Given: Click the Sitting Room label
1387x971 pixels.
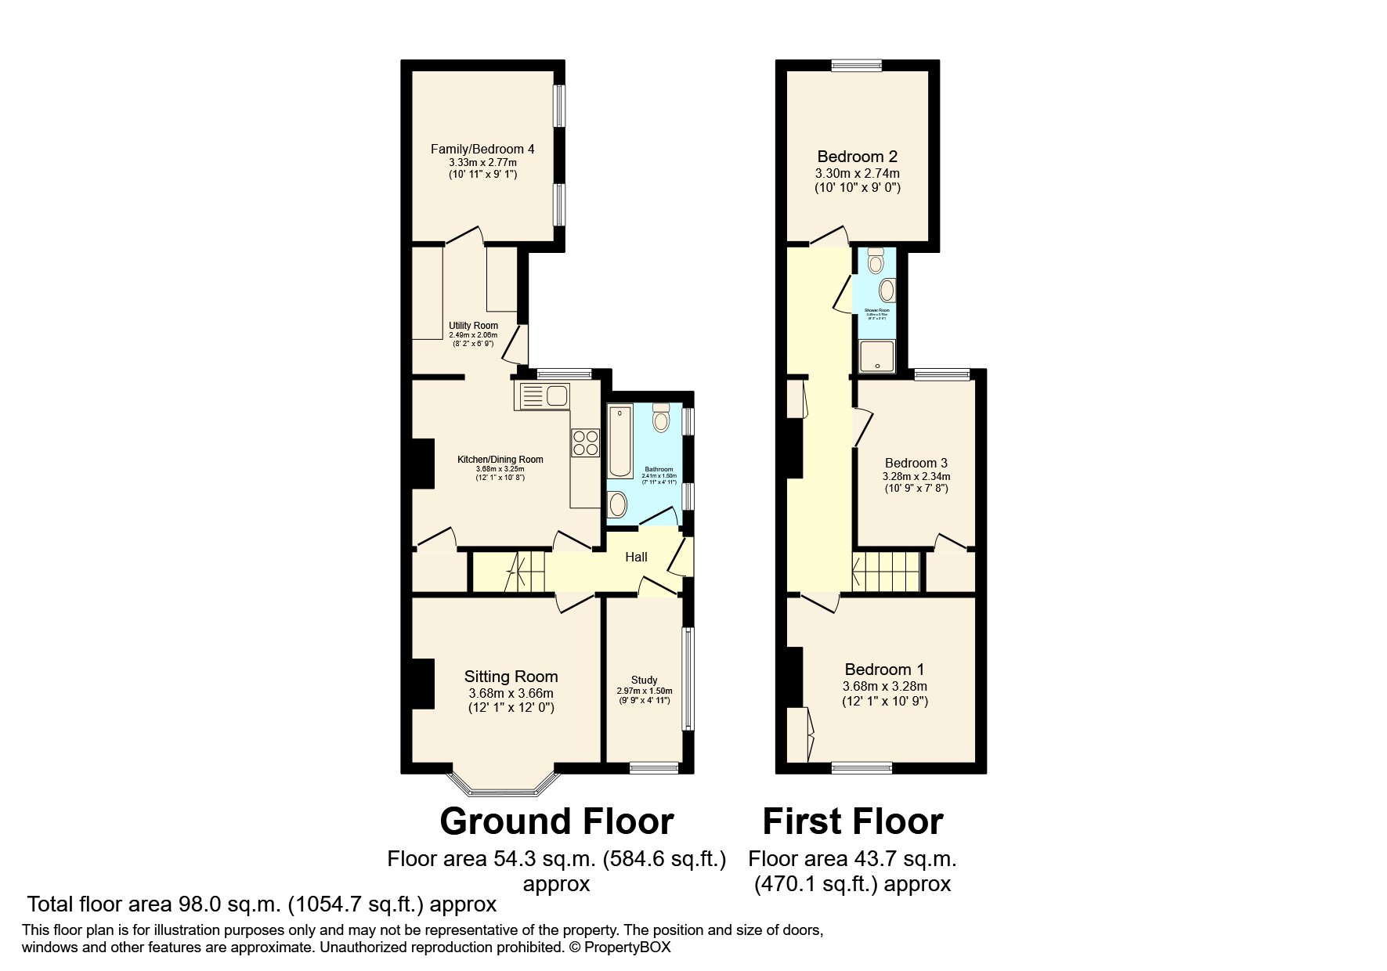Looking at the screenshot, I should click(x=511, y=677).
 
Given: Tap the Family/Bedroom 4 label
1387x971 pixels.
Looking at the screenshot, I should click(x=482, y=148).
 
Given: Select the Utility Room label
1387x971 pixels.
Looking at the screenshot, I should click(x=473, y=326).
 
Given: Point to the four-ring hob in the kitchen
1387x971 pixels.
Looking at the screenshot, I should click(x=584, y=442).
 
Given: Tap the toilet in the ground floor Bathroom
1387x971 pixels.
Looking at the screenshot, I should click(x=662, y=418).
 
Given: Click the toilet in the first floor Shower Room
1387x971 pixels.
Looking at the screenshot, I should click(x=876, y=260).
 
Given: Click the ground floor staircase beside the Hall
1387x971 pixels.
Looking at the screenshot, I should click(x=509, y=572).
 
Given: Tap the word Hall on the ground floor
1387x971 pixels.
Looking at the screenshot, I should click(x=636, y=558).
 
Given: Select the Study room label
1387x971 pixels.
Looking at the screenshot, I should click(x=644, y=680).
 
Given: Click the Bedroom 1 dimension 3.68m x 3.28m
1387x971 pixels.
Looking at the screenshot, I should click(x=884, y=686).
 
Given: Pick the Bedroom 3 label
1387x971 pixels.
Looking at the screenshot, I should click(x=916, y=463).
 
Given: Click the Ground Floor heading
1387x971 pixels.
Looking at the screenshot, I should click(x=556, y=821).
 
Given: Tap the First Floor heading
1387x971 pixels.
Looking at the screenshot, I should click(x=852, y=821).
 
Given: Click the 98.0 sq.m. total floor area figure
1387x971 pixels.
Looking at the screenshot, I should click(x=229, y=904).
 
